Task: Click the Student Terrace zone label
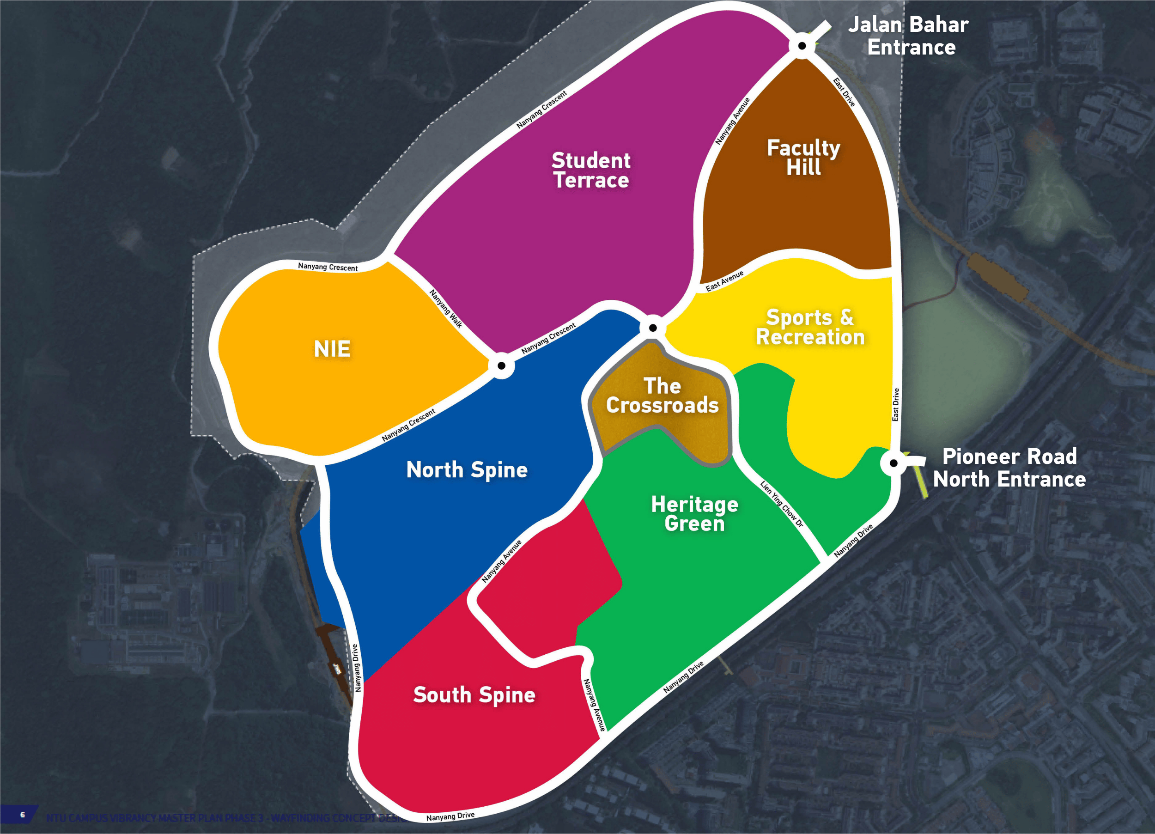(591, 170)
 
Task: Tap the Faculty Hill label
(803, 158)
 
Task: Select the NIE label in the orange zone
(332, 349)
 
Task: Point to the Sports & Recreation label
(810, 327)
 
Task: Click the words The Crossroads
(662, 396)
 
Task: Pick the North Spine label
(467, 470)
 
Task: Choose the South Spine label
(474, 695)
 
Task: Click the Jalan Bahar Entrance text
(908, 36)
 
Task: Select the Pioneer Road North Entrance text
(1009, 468)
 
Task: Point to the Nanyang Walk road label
(446, 309)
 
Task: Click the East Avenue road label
(724, 281)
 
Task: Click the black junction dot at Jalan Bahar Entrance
(802, 46)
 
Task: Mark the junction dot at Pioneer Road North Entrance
(893, 463)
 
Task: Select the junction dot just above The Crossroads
(652, 328)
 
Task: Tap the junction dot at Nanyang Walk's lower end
(501, 365)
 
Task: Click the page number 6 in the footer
(23, 814)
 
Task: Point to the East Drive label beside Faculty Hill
(844, 91)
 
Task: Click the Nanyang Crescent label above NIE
(328, 267)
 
